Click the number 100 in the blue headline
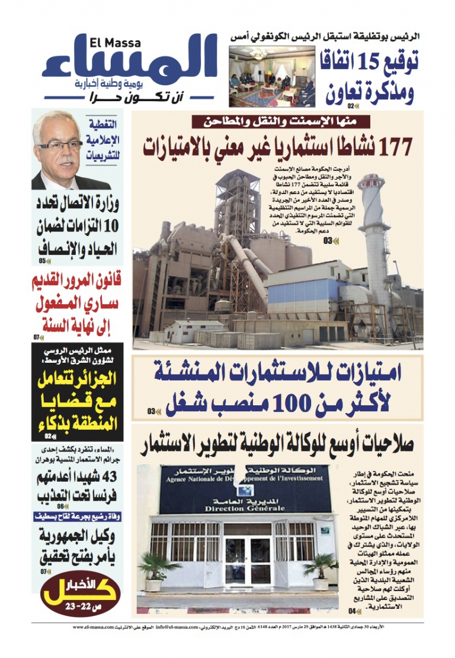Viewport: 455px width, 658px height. pos(291,403)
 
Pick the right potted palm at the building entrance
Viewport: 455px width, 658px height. pos(321,569)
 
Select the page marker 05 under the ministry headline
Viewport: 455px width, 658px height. pos(43,260)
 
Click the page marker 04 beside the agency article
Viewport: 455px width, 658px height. pos(353,611)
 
